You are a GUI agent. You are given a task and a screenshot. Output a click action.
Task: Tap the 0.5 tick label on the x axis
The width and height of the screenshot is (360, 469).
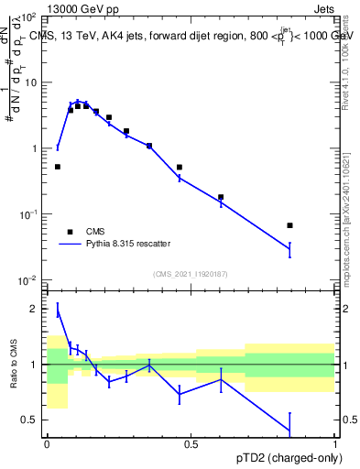(191, 444)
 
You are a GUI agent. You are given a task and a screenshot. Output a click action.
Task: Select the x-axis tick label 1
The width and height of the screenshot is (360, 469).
(335, 444)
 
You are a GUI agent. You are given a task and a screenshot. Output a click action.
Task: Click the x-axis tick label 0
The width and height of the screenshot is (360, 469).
(47, 444)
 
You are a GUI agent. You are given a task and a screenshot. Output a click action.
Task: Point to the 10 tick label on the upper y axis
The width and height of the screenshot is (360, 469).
(30, 82)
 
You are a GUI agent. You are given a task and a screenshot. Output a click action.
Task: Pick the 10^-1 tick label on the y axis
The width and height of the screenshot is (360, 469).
(27, 214)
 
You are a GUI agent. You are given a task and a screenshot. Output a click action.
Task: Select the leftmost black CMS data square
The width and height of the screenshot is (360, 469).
(58, 167)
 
